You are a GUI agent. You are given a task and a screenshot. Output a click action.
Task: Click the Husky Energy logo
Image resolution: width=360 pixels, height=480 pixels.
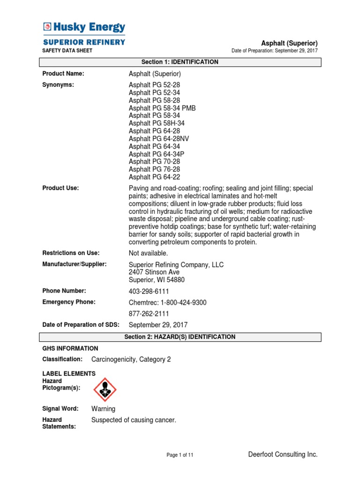click(84, 27)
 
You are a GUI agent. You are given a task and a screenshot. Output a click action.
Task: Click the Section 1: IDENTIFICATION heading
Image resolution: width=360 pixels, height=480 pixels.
click(180, 62)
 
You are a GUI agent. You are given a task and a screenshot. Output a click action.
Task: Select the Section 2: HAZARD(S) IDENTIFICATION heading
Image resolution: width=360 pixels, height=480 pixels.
click(180, 337)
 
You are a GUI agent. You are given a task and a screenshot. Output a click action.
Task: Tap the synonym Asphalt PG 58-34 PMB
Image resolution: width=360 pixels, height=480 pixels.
click(162, 108)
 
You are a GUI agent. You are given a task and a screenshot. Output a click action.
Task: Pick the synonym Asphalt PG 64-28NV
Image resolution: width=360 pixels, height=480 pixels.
click(159, 139)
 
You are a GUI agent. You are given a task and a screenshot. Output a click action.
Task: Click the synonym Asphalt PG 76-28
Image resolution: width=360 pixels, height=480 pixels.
click(154, 169)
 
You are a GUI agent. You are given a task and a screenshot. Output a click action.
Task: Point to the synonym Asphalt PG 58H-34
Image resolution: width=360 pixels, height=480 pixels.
click(157, 123)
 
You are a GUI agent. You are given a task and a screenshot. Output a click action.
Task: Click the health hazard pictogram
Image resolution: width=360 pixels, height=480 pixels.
click(105, 390)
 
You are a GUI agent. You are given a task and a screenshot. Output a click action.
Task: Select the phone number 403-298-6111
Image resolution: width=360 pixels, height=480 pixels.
click(149, 292)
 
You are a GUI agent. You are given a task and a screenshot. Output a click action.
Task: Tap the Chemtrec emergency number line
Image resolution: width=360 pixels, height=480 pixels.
click(167, 303)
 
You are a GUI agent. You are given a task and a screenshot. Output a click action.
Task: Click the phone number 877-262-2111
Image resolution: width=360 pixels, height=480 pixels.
click(149, 314)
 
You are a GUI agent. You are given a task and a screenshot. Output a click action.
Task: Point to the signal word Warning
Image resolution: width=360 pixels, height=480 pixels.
click(103, 409)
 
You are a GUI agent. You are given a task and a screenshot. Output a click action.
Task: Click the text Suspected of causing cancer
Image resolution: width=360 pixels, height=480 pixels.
click(134, 420)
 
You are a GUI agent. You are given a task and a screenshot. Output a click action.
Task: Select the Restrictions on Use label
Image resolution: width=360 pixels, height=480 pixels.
click(71, 253)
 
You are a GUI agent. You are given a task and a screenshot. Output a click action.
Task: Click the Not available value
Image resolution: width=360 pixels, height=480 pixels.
click(148, 253)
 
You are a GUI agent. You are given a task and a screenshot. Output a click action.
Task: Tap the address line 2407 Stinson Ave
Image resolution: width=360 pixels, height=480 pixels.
click(154, 272)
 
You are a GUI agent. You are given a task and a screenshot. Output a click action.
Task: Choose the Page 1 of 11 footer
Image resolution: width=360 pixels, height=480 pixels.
click(180, 455)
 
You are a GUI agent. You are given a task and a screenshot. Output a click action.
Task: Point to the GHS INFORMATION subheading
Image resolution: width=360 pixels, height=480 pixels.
click(70, 348)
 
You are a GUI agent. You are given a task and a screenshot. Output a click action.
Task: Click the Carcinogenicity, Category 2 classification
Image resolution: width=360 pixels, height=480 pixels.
click(131, 360)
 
